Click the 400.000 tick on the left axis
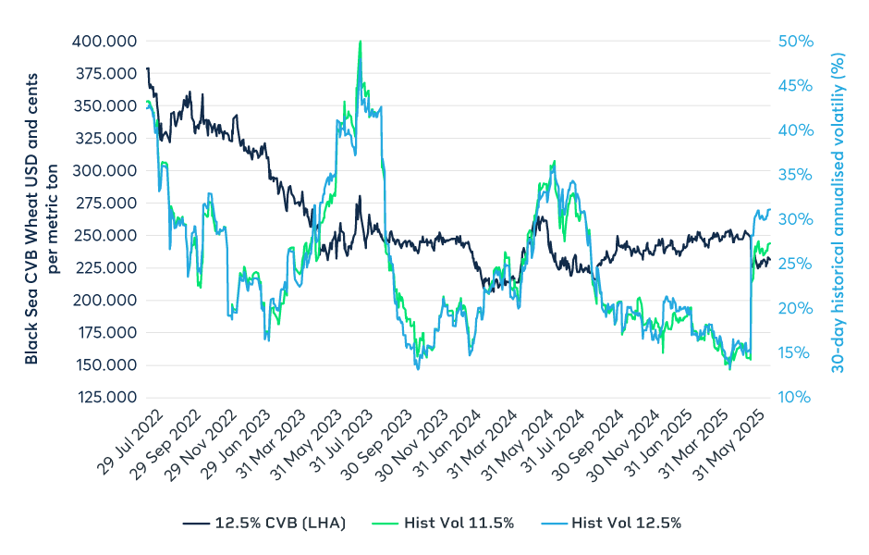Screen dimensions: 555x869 coord(104,42)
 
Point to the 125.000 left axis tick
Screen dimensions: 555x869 coord(104,398)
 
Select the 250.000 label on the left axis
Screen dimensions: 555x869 coord(104,236)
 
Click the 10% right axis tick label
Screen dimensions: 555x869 coord(793,398)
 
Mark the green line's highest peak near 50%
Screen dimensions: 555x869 coord(360,42)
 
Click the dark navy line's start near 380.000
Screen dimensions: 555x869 coord(147,68)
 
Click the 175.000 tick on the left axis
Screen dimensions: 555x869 coord(104,333)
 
